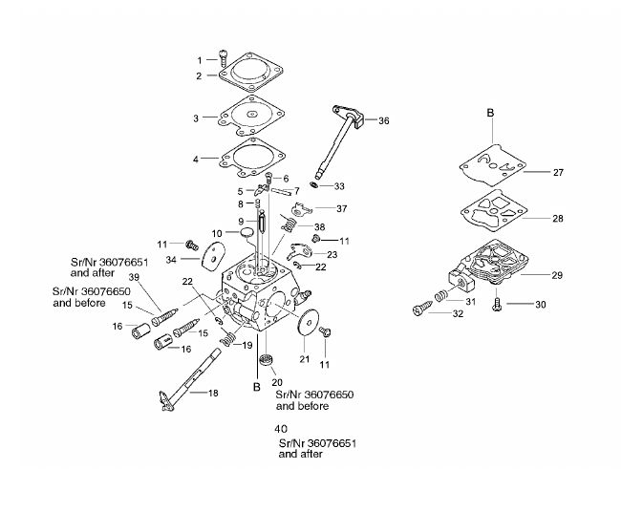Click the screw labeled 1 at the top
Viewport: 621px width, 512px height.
[x=223, y=58]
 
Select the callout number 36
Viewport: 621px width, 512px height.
[x=384, y=121]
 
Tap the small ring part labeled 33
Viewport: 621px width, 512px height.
[x=314, y=184]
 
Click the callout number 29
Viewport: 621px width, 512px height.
[x=557, y=275]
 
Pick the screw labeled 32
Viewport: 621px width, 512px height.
[x=422, y=309]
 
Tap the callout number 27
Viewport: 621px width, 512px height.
[x=558, y=172]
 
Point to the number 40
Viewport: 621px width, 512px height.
[x=281, y=429]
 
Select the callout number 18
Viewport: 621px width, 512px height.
[x=213, y=394]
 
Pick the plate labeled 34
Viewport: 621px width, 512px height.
[x=214, y=256]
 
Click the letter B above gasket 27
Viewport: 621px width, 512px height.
[x=490, y=113]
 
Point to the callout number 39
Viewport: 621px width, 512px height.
[x=135, y=277]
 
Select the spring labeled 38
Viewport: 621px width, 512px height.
[x=289, y=224]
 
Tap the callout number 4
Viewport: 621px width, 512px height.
[x=196, y=160]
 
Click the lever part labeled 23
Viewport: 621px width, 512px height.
[x=300, y=251]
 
